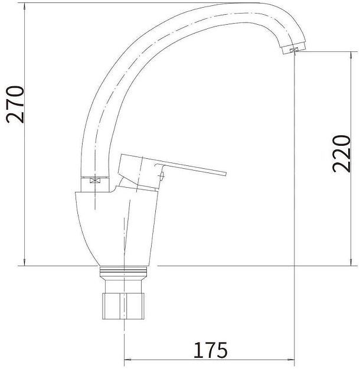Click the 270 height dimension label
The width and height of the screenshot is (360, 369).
pos(15,105)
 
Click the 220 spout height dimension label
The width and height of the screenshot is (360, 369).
pos(342,154)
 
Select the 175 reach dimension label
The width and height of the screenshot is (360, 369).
pos(210,350)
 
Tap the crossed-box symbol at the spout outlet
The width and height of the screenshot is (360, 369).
pos(294,50)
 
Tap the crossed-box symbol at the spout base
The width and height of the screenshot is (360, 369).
pos(95,181)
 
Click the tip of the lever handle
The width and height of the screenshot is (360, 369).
pos(225,174)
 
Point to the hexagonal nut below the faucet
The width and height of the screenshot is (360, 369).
pos(123,306)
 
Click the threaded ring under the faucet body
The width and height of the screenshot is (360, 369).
pos(123,271)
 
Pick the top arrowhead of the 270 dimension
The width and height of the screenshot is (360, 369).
pos(25,6)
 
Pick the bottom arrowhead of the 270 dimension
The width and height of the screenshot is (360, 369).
pos(25,262)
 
